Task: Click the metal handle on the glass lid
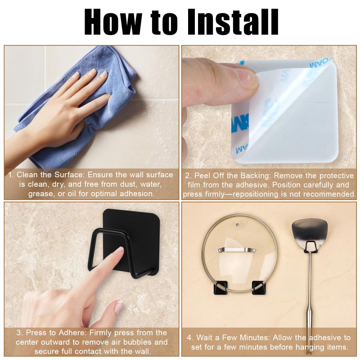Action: (237, 250)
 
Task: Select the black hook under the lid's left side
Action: (220, 288)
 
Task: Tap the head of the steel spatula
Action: (310, 232)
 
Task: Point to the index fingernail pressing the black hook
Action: (119, 251)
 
